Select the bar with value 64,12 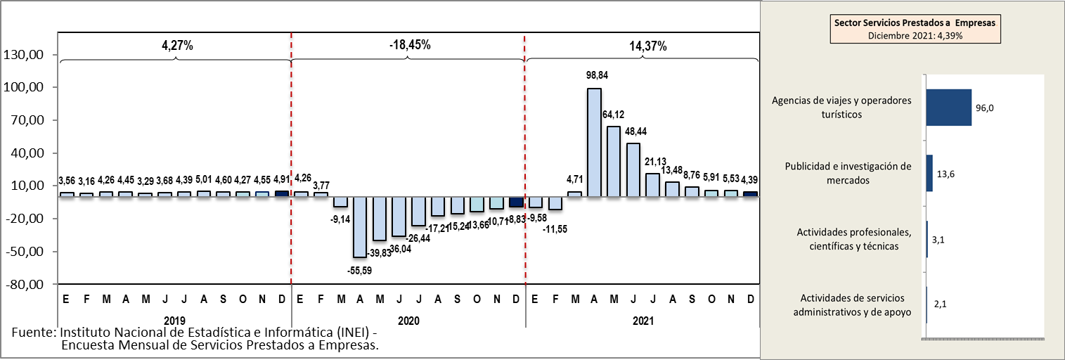pyautogui.click(x=614, y=161)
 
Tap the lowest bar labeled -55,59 pyautogui.click(x=360, y=226)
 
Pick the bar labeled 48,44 pyautogui.click(x=633, y=169)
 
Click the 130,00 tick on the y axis pyautogui.click(x=25, y=55)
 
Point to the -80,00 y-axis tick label pyautogui.click(x=25, y=285)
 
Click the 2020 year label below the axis pyautogui.click(x=408, y=321)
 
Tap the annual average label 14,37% pyautogui.click(x=647, y=46)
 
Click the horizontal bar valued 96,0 pyautogui.click(x=949, y=108)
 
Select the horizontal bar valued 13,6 pyautogui.click(x=930, y=173)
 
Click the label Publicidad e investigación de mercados pyautogui.click(x=847, y=173)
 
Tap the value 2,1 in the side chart pyautogui.click(x=941, y=304)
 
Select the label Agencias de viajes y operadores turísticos pyautogui.click(x=841, y=107)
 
